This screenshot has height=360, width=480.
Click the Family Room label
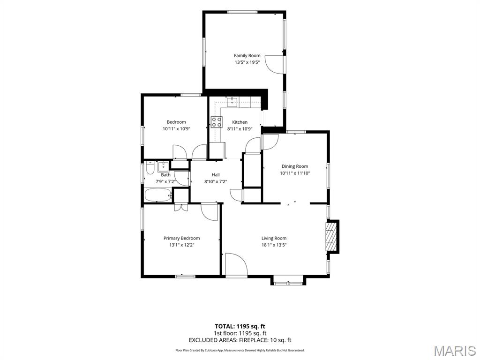click(x=247, y=55)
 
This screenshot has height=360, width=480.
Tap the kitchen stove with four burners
click(x=217, y=122)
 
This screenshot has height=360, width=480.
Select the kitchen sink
click(x=232, y=102)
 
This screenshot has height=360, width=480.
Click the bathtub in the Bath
click(x=158, y=195)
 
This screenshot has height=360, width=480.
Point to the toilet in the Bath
click(x=150, y=168)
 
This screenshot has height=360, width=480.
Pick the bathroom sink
click(x=163, y=167)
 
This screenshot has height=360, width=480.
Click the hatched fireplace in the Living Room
click(x=330, y=236)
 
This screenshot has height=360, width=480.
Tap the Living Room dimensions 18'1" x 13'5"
click(x=274, y=245)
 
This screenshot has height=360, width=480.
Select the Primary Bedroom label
click(x=181, y=238)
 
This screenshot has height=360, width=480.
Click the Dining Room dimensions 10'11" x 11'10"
click(x=295, y=173)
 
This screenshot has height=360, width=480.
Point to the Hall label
click(x=216, y=175)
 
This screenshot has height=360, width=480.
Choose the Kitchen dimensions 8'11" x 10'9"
click(x=240, y=129)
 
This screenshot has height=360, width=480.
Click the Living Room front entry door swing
click(x=236, y=264)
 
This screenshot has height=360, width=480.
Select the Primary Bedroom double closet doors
click(x=181, y=208)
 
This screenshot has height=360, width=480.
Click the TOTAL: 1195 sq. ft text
click(x=240, y=326)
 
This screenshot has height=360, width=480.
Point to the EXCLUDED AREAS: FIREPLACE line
click(x=240, y=340)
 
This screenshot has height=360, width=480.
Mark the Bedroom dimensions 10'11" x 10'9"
click(x=176, y=129)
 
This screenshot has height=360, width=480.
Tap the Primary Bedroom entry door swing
click(x=209, y=212)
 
